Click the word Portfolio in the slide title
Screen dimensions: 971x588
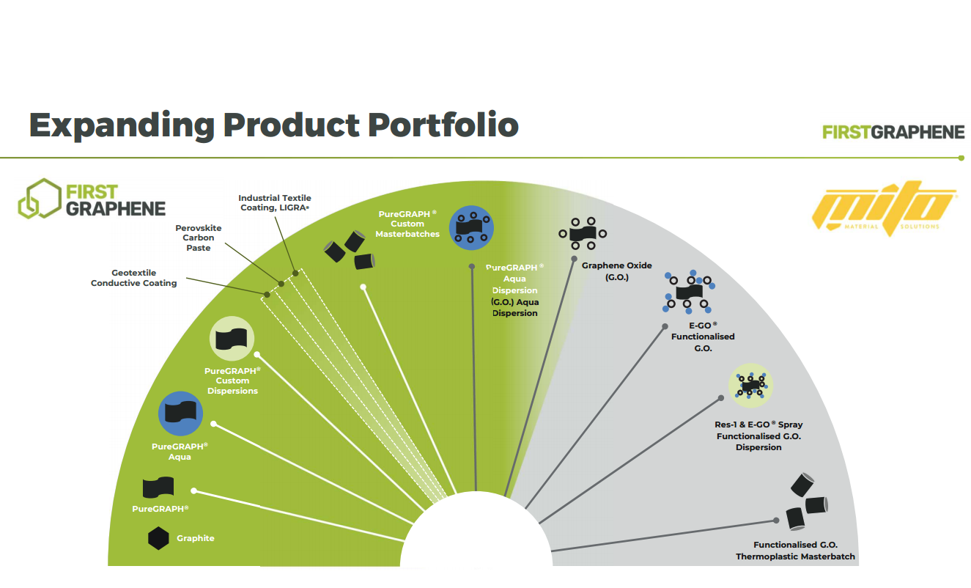coord(443,125)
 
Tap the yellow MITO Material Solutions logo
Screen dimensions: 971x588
coord(885,208)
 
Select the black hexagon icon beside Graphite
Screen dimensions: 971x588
coord(158,538)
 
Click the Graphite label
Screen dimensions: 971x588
coord(196,538)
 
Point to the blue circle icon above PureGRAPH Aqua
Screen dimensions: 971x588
coord(180,414)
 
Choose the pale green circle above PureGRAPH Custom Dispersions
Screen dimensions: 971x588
coord(232,339)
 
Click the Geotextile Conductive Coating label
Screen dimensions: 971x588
coord(133,278)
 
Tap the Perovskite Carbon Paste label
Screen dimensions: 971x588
coord(198,238)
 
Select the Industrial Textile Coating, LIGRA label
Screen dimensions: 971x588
coord(275,202)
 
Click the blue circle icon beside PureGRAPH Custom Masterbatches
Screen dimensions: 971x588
coord(471,228)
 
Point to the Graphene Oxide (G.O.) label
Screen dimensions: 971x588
coord(616,271)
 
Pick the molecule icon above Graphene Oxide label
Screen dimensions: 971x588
coord(583,234)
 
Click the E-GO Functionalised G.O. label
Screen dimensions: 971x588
coord(703,337)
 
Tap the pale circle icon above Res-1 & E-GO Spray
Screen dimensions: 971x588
coord(751,386)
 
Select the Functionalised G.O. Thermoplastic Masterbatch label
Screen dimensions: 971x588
coord(795,551)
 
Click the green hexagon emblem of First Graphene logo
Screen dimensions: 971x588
coord(40,199)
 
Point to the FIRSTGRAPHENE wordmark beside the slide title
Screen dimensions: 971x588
coord(893,132)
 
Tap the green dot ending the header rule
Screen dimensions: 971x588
coord(961,158)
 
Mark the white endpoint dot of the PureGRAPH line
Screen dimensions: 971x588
coord(193,491)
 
